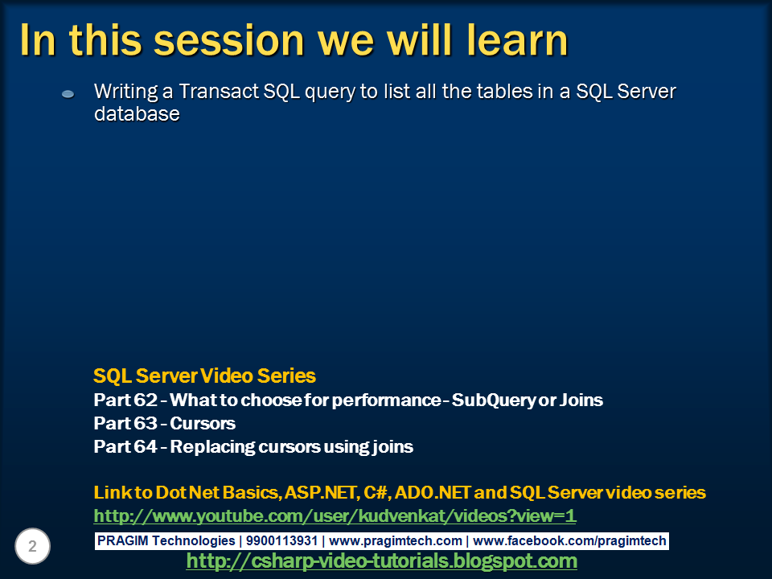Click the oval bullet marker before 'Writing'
point(68,94)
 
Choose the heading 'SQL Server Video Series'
point(204,376)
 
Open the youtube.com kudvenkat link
point(335,515)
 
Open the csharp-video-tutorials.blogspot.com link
point(381,561)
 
